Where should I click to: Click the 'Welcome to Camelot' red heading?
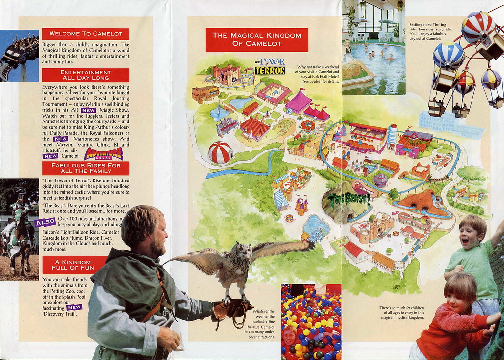(86, 34)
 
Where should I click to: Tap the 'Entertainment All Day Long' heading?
(86, 75)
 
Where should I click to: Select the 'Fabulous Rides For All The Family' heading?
(86, 168)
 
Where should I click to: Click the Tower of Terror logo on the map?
(270, 66)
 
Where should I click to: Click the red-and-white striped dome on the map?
(220, 152)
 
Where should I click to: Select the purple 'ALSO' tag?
(45, 222)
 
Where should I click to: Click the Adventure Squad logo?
(103, 154)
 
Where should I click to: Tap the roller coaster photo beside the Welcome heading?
(19, 55)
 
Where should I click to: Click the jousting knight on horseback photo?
(19, 229)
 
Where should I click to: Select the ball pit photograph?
(311, 322)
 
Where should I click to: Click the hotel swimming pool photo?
(374, 47)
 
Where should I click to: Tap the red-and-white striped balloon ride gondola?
(477, 29)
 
